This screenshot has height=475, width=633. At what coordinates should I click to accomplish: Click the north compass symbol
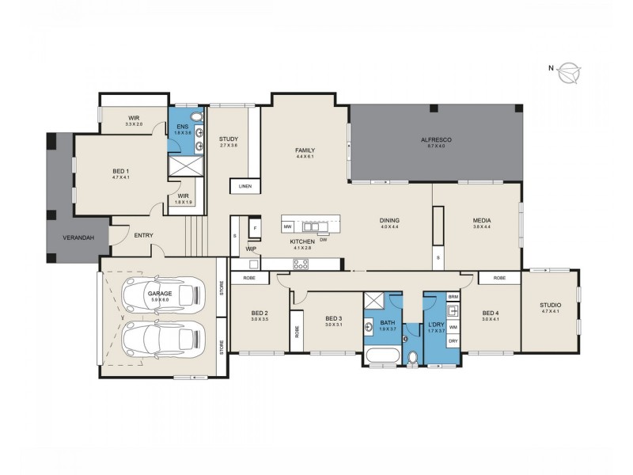tap(568, 74)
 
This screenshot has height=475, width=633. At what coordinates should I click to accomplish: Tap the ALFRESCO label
tap(436, 139)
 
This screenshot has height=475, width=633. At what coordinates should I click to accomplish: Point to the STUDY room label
tap(229, 139)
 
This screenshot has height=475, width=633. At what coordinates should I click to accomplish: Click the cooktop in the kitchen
tap(301, 264)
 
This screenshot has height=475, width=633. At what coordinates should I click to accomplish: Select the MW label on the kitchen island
tap(288, 226)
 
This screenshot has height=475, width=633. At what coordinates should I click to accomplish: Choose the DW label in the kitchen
tap(324, 240)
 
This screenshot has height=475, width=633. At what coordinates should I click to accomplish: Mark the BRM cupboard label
tap(453, 297)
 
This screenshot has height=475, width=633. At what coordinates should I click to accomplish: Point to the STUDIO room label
tap(550, 305)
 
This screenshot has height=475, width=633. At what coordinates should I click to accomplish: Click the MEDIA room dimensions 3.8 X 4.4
tap(482, 227)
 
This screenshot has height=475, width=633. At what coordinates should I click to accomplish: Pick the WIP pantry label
tap(251, 248)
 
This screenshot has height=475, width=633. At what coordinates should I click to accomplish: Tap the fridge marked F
tap(254, 228)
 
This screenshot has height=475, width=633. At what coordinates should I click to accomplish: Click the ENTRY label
tap(143, 235)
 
